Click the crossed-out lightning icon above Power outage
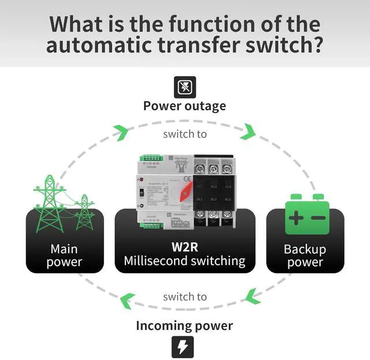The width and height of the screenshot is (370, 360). tap(185, 87)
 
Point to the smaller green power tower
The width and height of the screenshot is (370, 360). tap(85, 203)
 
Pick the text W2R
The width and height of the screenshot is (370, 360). tap(184, 245)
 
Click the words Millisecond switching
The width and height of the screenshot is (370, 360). tap(184, 261)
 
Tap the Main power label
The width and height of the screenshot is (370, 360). tap(64, 255)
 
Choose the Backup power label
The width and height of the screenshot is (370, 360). tap(305, 255)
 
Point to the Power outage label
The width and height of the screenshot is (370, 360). tap(184, 106)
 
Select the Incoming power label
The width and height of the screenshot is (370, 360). tap(184, 325)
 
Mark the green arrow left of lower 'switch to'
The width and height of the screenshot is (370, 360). tap(126, 299)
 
